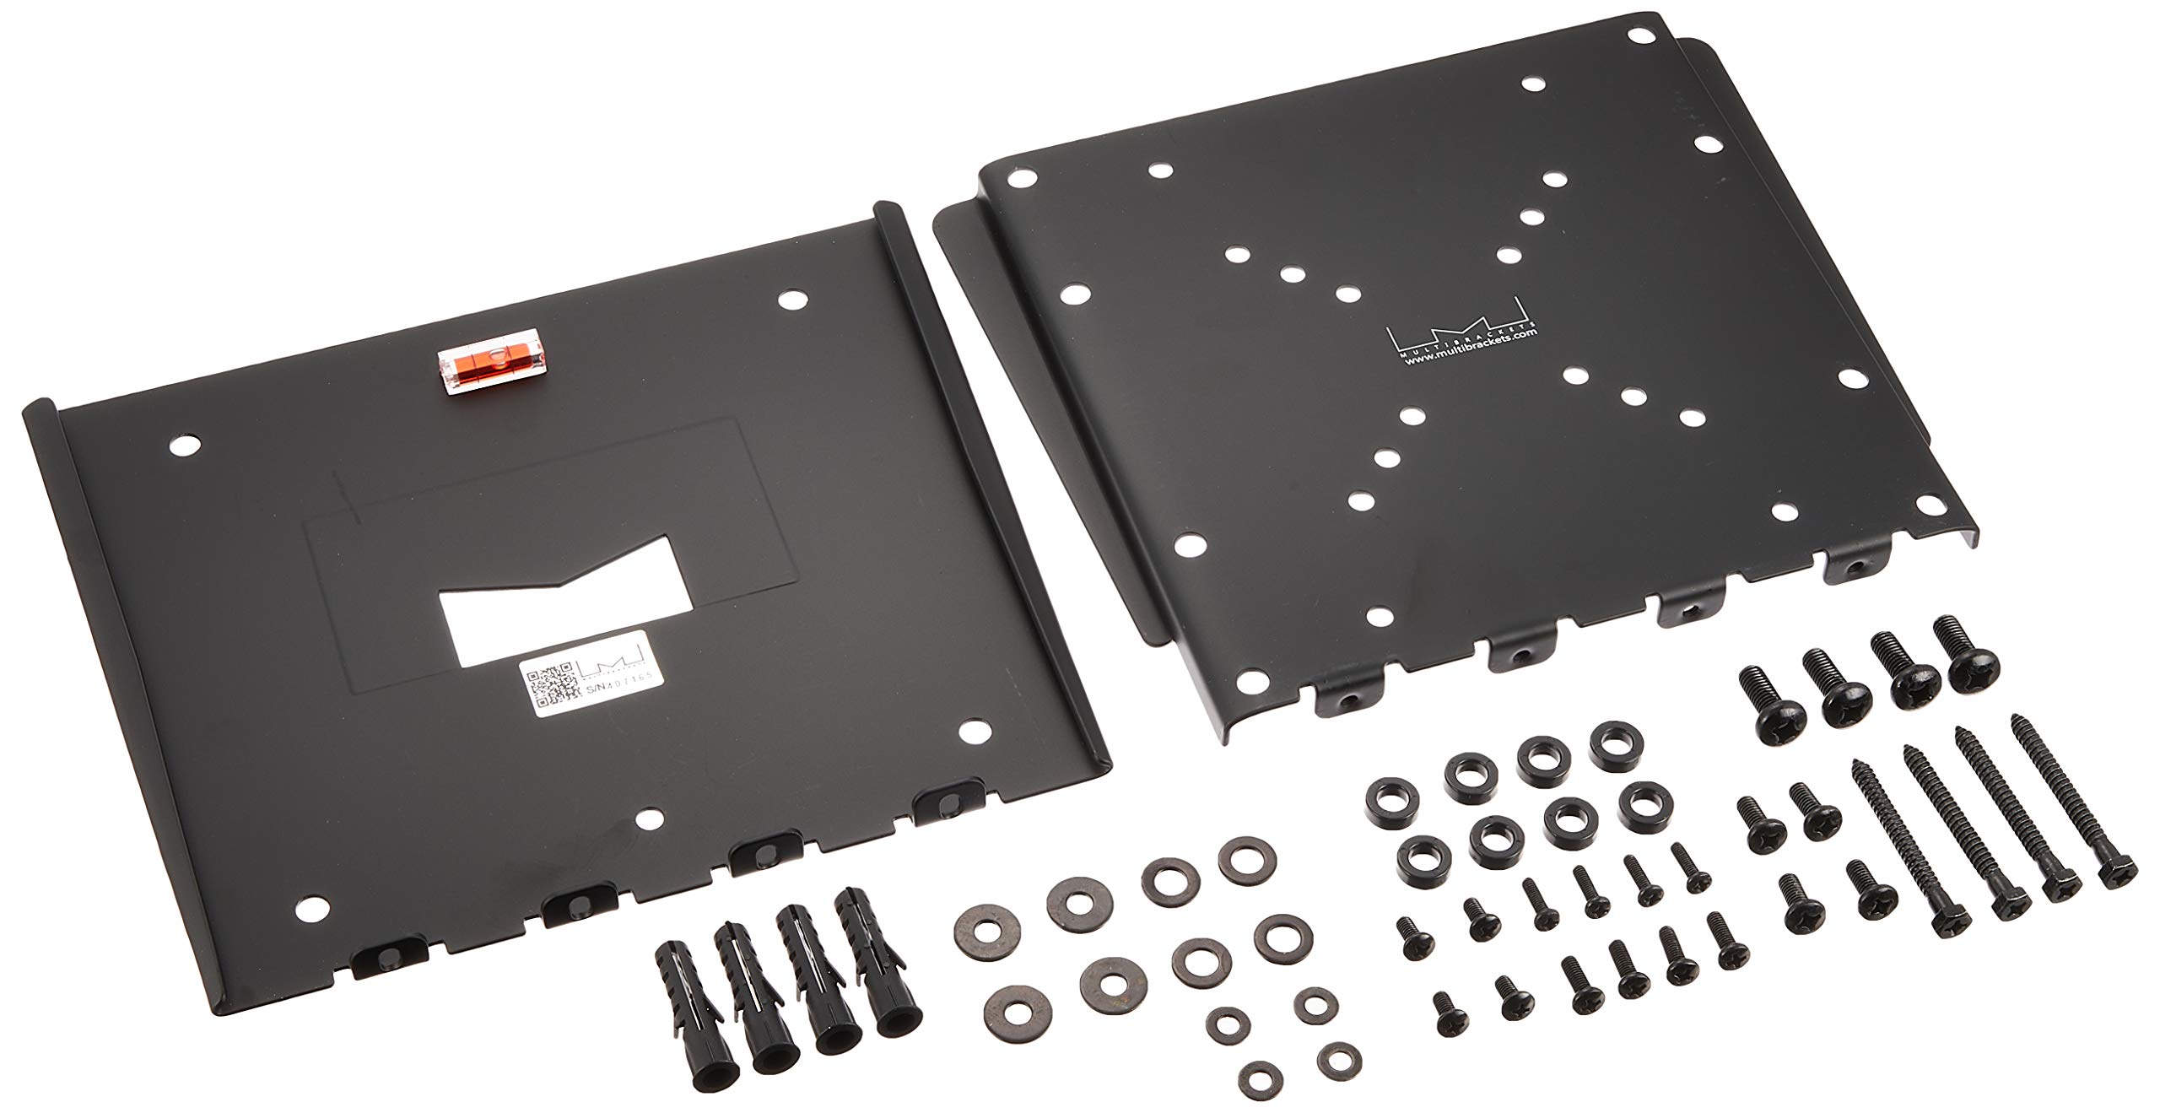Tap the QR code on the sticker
(551, 688)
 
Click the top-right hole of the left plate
(791, 299)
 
